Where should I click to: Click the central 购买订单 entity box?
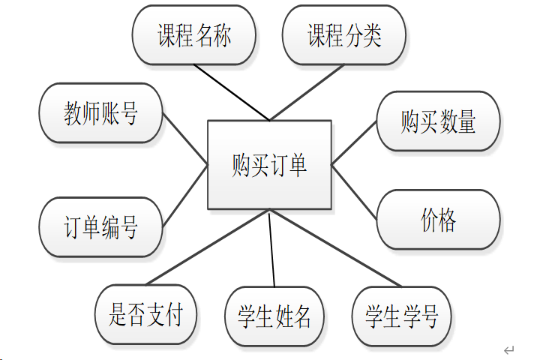pos(269,164)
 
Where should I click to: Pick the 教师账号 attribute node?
pos(100,114)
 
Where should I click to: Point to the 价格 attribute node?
pos(438,220)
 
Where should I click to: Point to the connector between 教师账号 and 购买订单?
pos(184,138)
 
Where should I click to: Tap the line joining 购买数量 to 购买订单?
pos(354,142)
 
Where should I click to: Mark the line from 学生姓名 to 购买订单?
pos(271,249)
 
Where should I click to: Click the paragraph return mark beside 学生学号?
pos(508,350)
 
